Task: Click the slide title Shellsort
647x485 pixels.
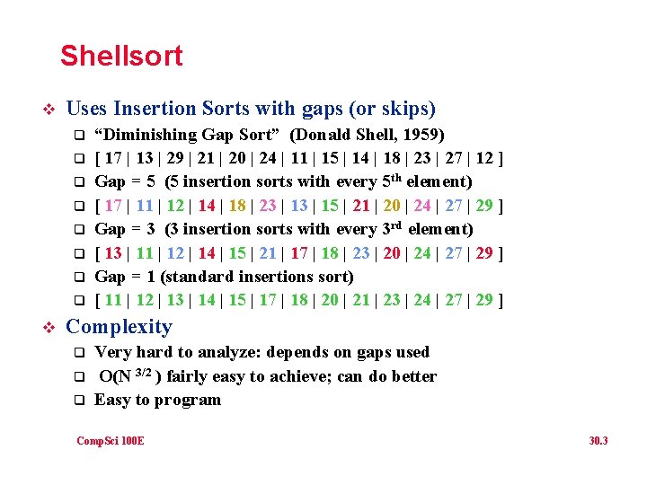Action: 121,56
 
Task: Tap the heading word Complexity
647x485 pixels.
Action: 120,327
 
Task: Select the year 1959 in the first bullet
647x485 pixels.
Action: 423,135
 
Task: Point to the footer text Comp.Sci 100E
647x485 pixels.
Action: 111,440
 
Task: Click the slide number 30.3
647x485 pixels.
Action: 598,440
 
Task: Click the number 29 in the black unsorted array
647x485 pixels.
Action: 176,158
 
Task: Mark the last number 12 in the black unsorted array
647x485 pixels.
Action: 483,158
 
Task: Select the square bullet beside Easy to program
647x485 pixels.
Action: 78,401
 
